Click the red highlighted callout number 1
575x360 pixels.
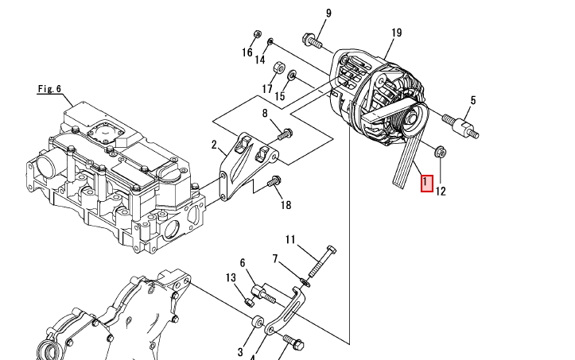coord(427,184)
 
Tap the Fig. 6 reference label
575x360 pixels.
coord(49,89)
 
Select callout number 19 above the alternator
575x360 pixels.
coord(396,33)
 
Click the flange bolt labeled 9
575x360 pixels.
coord(313,41)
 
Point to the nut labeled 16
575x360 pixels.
coord(258,34)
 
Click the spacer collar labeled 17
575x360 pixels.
coord(279,68)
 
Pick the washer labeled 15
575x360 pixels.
coord(292,75)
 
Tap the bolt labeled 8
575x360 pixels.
coord(285,134)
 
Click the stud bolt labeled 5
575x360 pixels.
coord(460,126)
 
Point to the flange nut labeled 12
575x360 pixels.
coord(441,152)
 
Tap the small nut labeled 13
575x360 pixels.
coord(249,303)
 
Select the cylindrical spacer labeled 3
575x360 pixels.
coord(258,322)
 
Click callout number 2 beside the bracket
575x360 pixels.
coord(214,145)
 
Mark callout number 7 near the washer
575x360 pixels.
coord(275,259)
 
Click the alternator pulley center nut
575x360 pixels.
coord(412,118)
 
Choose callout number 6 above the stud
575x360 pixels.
coord(243,263)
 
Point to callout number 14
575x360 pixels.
coord(260,60)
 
